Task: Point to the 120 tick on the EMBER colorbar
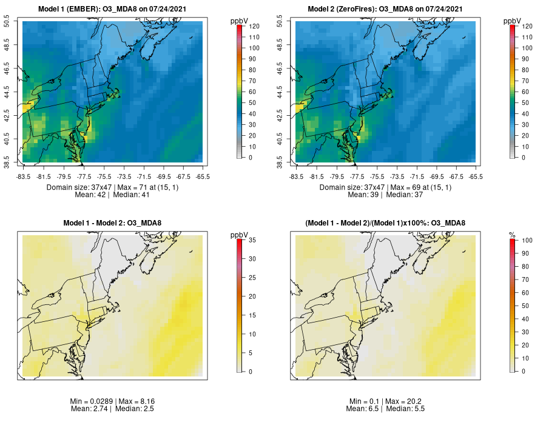[250, 26]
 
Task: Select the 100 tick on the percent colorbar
[523, 240]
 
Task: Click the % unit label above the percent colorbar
[512, 235]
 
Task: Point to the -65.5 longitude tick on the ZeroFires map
[476, 176]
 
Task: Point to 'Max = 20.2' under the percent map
[403, 401]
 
